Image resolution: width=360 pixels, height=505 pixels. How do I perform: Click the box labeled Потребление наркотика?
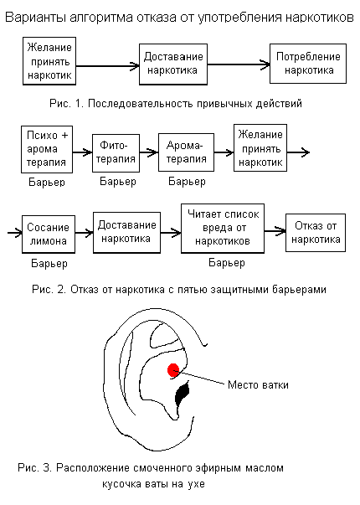pyautogui.click(x=308, y=64)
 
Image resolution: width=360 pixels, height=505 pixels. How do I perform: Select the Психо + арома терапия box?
pyautogui.click(x=47, y=149)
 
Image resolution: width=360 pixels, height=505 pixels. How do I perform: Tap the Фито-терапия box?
pyautogui.click(x=116, y=153)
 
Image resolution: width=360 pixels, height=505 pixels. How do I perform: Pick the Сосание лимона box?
pyautogui.click(x=49, y=234)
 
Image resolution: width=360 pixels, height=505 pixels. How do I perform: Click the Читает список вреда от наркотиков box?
pyautogui.click(x=223, y=228)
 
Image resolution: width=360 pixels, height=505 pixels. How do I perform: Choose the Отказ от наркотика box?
pyautogui.click(x=316, y=233)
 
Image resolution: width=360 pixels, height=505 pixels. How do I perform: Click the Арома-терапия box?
pyautogui.click(x=186, y=152)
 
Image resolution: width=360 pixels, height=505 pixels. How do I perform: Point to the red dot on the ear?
pyautogui.click(x=173, y=370)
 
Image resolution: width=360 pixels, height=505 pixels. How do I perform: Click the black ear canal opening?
pyautogui.click(x=183, y=394)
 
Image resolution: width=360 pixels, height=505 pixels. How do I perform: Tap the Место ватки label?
pyautogui.click(x=258, y=385)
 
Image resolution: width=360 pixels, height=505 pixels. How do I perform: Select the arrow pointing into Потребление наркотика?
pyautogui.click(x=239, y=64)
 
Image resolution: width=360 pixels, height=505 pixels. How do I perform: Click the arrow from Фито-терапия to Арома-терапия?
pyautogui.click(x=149, y=152)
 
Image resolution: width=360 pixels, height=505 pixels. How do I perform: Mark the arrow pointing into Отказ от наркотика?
pyautogui.click(x=275, y=231)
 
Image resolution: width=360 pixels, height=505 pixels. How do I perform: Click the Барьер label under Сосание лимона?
pyautogui.click(x=49, y=264)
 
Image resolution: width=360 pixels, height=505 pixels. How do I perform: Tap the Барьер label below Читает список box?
pyautogui.click(x=227, y=262)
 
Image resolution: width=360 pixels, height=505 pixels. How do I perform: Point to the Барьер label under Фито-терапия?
pyautogui.click(x=118, y=182)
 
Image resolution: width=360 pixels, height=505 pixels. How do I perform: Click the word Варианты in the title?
pyautogui.click(x=36, y=17)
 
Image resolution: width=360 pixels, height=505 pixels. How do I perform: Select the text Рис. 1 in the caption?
pyautogui.click(x=65, y=103)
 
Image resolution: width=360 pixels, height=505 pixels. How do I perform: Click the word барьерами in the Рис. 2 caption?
pyautogui.click(x=299, y=290)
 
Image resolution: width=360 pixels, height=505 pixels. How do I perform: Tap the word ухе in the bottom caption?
pyautogui.click(x=196, y=484)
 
